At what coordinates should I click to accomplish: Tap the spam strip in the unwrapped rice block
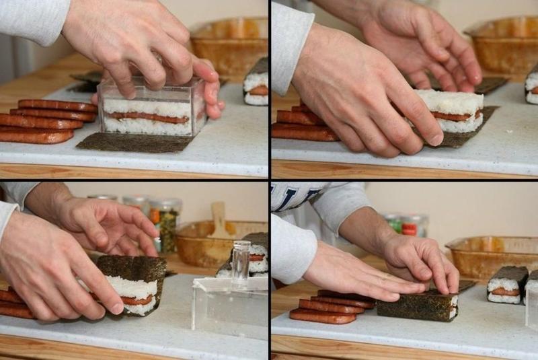[x=457, y=115]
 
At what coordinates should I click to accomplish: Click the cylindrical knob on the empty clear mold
[x=241, y=260]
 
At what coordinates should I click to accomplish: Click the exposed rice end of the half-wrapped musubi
[x=135, y=296]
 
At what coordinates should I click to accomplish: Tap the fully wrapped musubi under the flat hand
[x=417, y=306]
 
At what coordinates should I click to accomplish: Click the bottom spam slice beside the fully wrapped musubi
[x=323, y=316]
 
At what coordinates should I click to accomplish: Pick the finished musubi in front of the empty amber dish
[x=508, y=285]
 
